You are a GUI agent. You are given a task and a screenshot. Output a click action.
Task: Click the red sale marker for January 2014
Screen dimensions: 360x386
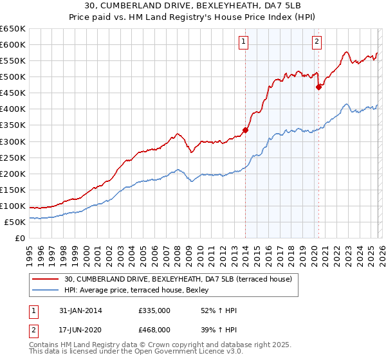(x=245, y=129)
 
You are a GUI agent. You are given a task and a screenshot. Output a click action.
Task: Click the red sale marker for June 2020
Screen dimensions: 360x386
(x=318, y=87)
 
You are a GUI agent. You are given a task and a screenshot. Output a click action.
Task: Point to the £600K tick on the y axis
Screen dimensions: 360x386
(x=13, y=44)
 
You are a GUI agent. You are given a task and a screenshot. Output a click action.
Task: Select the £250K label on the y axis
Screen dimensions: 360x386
(x=13, y=157)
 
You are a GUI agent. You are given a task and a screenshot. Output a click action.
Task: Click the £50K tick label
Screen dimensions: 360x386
(x=15, y=222)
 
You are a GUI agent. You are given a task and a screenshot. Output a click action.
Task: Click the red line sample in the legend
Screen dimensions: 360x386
(x=45, y=279)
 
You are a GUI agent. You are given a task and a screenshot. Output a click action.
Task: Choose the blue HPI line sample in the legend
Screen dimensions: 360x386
(x=45, y=290)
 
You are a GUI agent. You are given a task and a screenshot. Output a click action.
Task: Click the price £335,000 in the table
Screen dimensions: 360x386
(x=154, y=310)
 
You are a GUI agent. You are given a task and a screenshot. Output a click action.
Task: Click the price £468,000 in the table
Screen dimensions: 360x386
(x=154, y=329)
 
